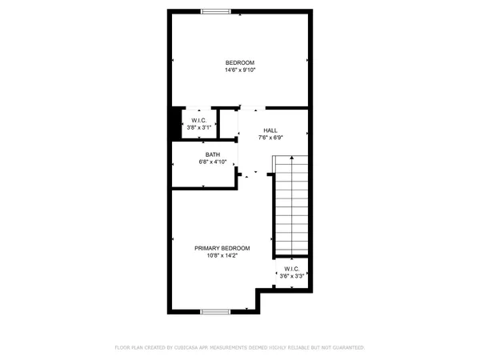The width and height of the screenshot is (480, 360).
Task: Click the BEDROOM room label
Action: tap(239, 62)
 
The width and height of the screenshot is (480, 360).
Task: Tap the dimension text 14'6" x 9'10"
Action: tap(239, 70)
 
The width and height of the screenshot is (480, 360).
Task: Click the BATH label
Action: tap(213, 154)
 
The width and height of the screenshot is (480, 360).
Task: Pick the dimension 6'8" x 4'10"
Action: tap(213, 162)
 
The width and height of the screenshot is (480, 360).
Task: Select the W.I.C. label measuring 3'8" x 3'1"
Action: tap(198, 120)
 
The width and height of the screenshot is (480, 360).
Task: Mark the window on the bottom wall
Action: tap(215, 311)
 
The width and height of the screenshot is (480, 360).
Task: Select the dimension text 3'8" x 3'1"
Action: tap(198, 127)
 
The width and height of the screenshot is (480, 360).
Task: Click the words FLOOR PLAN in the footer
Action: tap(130, 348)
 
